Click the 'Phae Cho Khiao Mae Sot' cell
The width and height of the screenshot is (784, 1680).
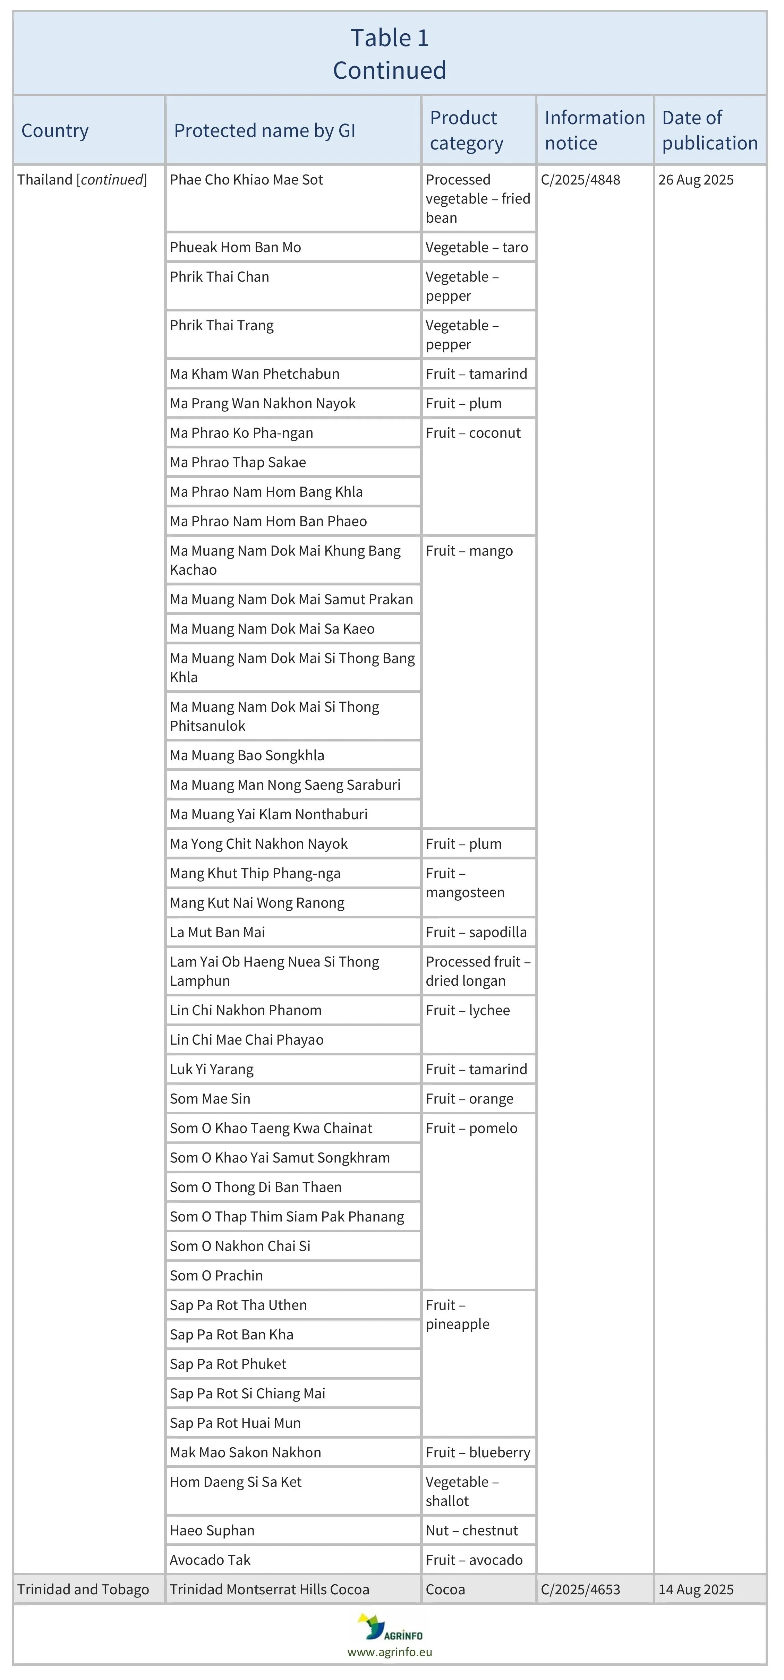(247, 180)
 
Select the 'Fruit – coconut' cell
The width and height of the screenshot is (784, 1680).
(473, 433)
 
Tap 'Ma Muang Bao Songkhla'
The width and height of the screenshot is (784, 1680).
(247, 756)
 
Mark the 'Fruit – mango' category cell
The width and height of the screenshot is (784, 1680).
(469, 551)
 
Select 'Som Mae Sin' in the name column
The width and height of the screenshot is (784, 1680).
(210, 1099)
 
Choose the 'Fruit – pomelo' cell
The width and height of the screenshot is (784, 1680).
(471, 1128)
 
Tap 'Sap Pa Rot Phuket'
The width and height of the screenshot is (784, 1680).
(228, 1364)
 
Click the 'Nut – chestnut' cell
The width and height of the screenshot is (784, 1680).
(471, 1531)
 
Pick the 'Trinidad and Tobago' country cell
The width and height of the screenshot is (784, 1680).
(83, 1589)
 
